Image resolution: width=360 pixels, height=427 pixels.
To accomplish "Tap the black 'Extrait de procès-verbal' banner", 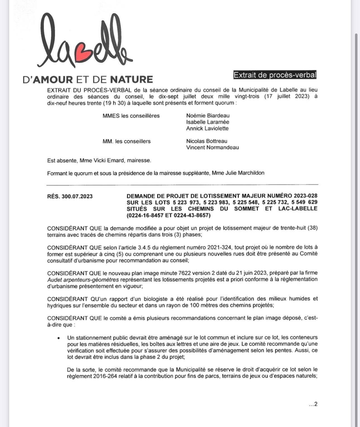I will point(275,75).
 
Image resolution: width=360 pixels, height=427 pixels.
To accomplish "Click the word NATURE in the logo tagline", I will point(131,79).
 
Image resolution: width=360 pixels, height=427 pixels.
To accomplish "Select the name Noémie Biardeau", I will point(208,115).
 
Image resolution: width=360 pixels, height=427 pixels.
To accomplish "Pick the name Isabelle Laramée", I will point(208,122).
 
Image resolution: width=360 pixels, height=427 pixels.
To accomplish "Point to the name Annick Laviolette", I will point(207,128).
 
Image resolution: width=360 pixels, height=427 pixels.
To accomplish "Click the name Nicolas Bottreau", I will point(207,141).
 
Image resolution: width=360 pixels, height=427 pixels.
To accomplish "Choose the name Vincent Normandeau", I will point(212,147).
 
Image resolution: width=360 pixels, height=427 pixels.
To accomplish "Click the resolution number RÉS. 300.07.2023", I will point(70,196).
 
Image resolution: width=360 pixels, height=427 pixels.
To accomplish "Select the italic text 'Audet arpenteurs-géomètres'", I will point(83,279).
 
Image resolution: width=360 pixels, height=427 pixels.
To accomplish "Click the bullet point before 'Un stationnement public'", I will point(58,338).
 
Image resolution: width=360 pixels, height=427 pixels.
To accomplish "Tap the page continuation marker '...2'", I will point(313,404).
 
